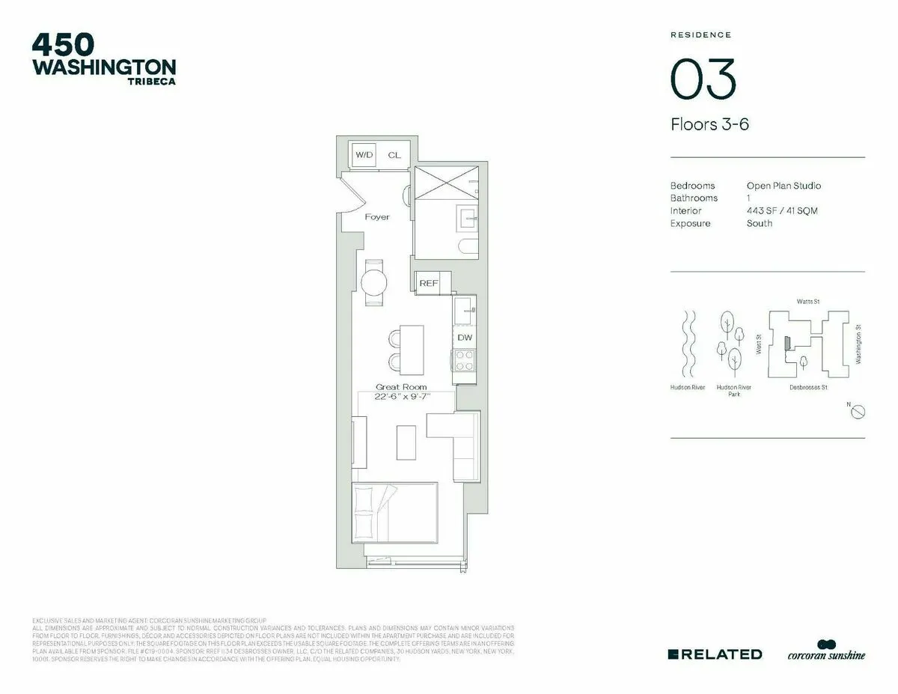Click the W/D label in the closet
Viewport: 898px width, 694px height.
pos(364,155)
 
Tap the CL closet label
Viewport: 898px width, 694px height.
pos(394,155)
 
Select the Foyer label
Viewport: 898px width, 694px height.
pos(376,217)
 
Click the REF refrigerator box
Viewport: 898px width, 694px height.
pos(429,283)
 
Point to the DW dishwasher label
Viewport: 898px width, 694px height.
pos(465,338)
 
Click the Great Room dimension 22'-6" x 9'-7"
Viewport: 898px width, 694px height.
pos(402,396)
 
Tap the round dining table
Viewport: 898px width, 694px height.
pos(374,283)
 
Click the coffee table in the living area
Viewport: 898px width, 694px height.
pos(406,442)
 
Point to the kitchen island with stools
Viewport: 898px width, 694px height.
pos(411,349)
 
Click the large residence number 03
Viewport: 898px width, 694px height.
pos(703,79)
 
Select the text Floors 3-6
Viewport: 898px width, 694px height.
pos(709,124)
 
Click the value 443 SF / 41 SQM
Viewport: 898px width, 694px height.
pos(782,211)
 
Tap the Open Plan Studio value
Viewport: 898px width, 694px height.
pos(784,186)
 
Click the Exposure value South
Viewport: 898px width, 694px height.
pos(760,224)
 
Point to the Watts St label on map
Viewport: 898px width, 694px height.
pos(808,302)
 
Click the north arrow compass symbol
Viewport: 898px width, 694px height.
pos(858,411)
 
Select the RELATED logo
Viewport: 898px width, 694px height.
pos(715,654)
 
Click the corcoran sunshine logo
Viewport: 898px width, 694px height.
pos(825,651)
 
